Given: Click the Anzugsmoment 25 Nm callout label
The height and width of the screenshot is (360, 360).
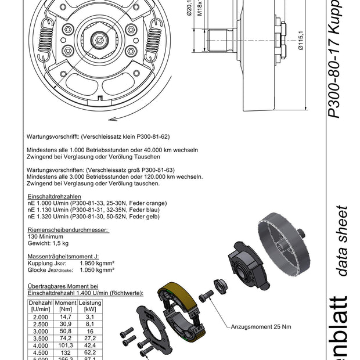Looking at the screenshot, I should (x=261, y=326).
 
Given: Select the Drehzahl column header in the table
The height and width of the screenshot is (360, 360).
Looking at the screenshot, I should (x=41, y=307).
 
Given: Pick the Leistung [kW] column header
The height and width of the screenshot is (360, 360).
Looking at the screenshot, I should (x=90, y=307).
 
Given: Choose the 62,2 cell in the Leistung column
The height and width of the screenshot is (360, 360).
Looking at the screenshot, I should (x=90, y=352).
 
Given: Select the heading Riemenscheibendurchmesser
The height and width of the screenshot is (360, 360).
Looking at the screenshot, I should (x=68, y=230).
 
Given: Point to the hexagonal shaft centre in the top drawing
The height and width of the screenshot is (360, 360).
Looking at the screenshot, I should (x=100, y=40).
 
